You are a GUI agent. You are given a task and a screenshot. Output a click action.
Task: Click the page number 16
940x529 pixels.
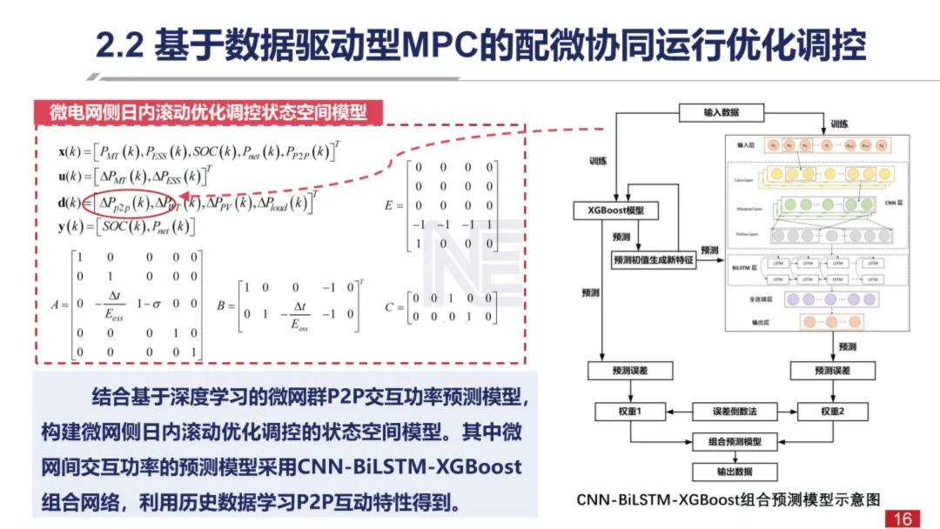pyautogui.click(x=902, y=519)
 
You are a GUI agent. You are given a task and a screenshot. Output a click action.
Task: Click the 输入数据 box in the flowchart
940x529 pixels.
pyautogui.click(x=722, y=113)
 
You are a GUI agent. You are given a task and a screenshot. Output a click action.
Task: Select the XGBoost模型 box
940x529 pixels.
pyautogui.click(x=616, y=211)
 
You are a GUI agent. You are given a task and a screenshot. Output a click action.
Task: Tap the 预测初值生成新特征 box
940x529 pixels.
pyautogui.click(x=655, y=260)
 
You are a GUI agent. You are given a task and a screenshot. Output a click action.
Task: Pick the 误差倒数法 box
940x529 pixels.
pyautogui.click(x=721, y=411)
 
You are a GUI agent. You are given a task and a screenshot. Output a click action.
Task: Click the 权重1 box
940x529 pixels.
pyautogui.click(x=629, y=411)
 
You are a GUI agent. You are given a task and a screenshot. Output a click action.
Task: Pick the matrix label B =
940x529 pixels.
pyautogui.click(x=223, y=306)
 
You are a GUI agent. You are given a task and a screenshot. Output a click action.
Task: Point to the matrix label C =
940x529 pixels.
pyautogui.click(x=393, y=306)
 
